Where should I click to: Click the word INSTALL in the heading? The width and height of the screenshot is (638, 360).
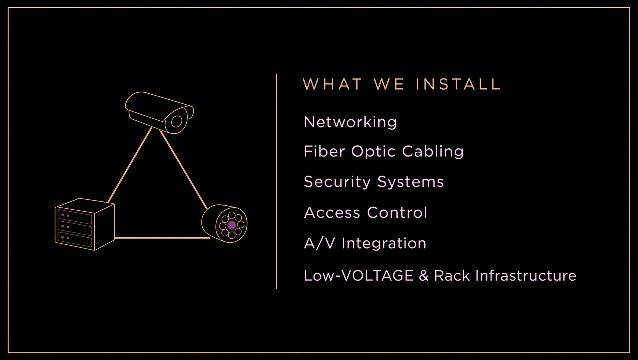[x=458, y=84]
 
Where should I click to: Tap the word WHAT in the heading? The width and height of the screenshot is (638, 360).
[x=332, y=84]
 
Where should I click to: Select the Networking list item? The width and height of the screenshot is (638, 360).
[x=350, y=122]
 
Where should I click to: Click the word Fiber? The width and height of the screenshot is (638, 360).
[x=324, y=151]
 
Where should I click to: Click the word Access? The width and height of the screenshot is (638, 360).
[x=332, y=213]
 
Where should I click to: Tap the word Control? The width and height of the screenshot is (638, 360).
[x=397, y=213]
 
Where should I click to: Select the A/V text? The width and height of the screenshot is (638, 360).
[x=319, y=243]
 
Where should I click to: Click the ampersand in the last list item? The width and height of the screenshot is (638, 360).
[x=424, y=275]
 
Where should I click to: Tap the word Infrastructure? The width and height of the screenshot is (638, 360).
[x=526, y=275]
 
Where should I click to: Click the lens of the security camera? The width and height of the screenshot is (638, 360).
[x=176, y=121]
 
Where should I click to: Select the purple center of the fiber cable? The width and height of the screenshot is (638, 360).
[x=231, y=225]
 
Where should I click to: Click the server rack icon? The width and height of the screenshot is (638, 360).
[x=85, y=224]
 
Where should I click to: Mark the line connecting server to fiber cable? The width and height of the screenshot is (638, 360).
[x=162, y=238]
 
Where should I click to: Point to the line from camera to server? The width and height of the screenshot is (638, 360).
[x=130, y=165]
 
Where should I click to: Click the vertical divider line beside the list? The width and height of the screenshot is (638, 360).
[x=276, y=181]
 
